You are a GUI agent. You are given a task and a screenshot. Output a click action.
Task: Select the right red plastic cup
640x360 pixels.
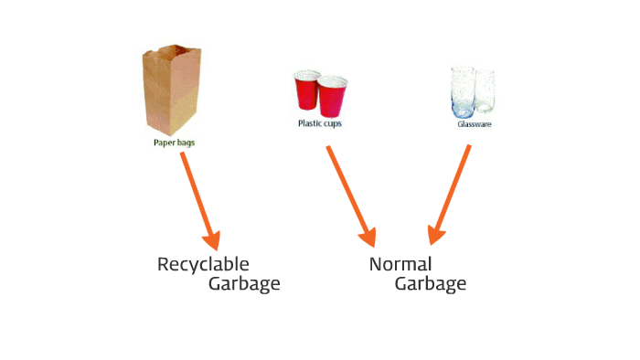pyautogui.click(x=329, y=96)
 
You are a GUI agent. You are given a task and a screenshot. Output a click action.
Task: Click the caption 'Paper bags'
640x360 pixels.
pyautogui.click(x=174, y=143)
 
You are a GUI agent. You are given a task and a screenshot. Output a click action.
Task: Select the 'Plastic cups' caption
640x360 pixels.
pyautogui.click(x=320, y=123)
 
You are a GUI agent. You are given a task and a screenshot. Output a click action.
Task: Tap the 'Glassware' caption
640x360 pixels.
pyautogui.click(x=475, y=123)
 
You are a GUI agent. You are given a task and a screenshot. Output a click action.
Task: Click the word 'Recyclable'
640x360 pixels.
pyautogui.click(x=203, y=265)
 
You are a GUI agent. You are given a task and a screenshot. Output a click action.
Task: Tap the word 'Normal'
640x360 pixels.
pyautogui.click(x=400, y=265)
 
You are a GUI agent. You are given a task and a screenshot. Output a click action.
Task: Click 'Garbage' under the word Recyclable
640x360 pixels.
pyautogui.click(x=243, y=284)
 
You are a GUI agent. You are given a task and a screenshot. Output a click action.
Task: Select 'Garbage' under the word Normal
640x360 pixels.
pyautogui.click(x=430, y=284)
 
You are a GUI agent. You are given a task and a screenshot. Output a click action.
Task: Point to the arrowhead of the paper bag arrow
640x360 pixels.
pyautogui.click(x=213, y=239)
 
